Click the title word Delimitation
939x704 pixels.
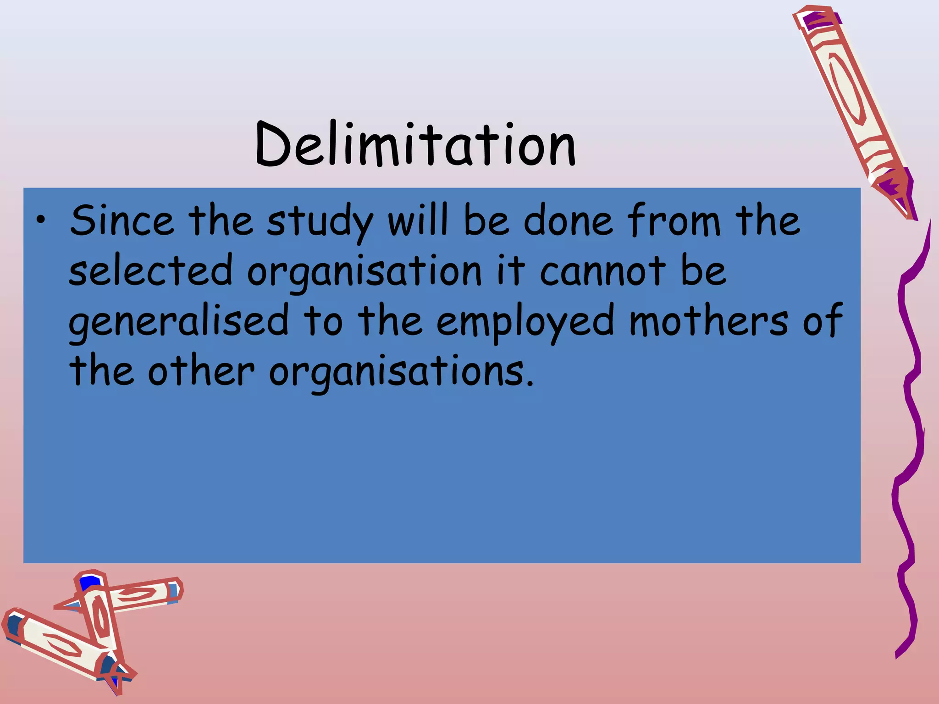click(415, 144)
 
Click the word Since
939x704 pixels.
click(122, 221)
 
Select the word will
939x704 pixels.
click(418, 220)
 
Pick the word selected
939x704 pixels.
click(150, 271)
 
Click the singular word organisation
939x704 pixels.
click(365, 273)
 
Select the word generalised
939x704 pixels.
click(179, 321)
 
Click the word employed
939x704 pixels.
click(525, 322)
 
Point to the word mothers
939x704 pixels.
click(709, 320)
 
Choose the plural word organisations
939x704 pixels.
click(401, 372)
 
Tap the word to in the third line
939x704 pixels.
click(323, 321)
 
